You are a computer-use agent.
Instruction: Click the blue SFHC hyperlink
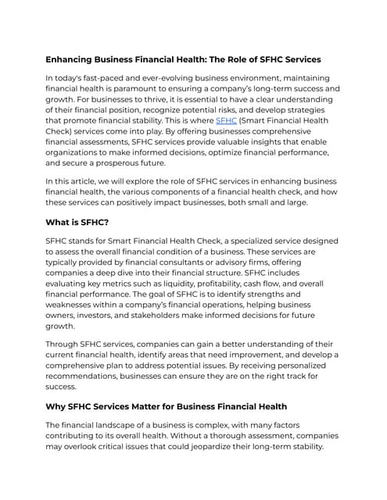[x=226, y=121]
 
